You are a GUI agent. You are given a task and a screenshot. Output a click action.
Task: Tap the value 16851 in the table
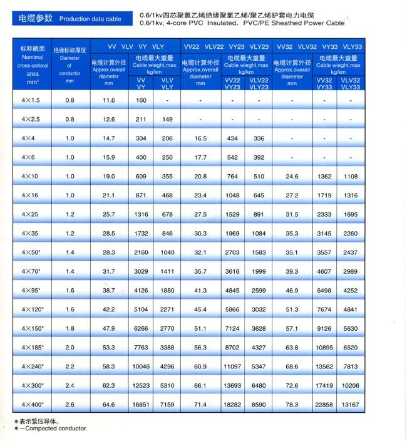[141, 405]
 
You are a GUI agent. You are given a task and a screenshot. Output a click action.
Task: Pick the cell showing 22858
[324, 405]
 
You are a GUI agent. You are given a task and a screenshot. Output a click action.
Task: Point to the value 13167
[351, 405]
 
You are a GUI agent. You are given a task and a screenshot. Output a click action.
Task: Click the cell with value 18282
[232, 405]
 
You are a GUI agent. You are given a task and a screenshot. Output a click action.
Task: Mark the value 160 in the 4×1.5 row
[141, 100]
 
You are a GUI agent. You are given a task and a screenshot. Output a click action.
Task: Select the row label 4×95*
[31, 291]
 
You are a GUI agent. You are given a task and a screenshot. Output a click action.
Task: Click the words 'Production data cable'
[90, 19]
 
